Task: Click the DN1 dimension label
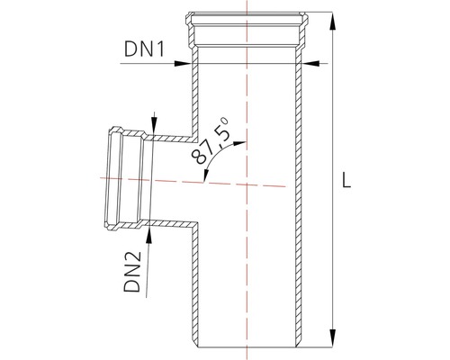tap(145, 49)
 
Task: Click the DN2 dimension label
tap(132, 272)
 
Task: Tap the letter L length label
tap(346, 181)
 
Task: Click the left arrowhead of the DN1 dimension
tap(183, 63)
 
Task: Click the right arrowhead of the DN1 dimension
tap(311, 63)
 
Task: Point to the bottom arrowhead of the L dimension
tap(332, 338)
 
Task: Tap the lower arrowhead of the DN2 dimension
tap(148, 237)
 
